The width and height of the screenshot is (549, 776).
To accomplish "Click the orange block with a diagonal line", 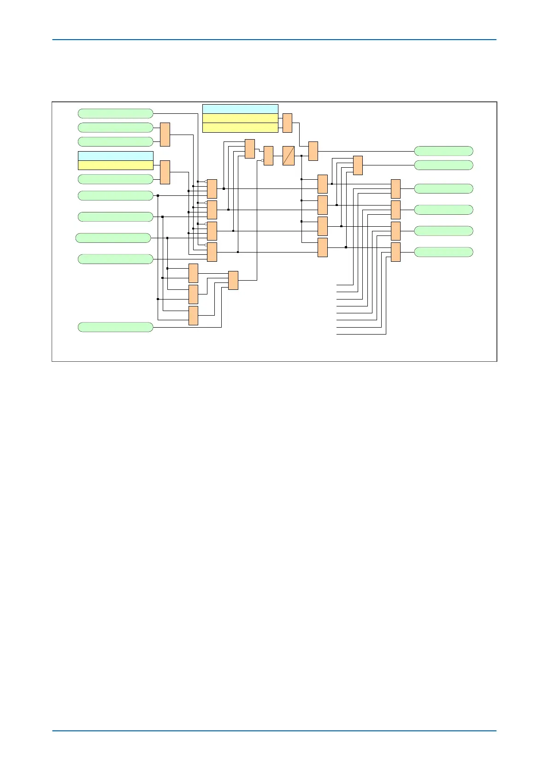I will click(x=288, y=156).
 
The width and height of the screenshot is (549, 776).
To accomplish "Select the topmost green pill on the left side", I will click(x=115, y=113).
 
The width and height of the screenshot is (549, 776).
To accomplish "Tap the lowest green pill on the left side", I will click(x=115, y=327).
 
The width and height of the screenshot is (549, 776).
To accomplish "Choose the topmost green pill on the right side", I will click(x=443, y=151).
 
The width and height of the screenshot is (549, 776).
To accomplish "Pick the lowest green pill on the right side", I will click(x=443, y=252).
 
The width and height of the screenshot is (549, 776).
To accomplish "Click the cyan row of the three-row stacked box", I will click(x=240, y=109).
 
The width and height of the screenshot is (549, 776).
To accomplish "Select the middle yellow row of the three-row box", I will click(x=240, y=118).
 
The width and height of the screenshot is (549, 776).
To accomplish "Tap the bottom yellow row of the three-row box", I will click(x=240, y=128).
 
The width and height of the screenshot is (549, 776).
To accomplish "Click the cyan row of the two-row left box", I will click(x=115, y=156).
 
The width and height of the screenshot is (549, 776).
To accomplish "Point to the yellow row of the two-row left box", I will click(x=115, y=165).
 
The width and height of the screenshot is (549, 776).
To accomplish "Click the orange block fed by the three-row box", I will click(x=287, y=123).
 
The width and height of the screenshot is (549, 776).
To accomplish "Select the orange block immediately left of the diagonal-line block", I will click(x=268, y=156).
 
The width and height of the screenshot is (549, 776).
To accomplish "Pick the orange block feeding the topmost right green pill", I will click(x=313, y=151).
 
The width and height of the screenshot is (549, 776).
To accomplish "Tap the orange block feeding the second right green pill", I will click(x=358, y=165).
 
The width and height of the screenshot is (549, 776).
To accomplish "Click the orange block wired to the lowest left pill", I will click(x=233, y=280).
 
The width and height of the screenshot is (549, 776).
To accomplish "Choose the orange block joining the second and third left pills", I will click(x=165, y=135).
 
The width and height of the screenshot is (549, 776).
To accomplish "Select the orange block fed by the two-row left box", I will click(x=165, y=172).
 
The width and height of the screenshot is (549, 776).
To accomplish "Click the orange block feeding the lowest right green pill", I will click(x=396, y=252).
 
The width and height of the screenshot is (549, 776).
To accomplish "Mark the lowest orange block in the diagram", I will click(x=193, y=316).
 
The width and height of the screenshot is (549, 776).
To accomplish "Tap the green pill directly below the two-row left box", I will click(x=115, y=179).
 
